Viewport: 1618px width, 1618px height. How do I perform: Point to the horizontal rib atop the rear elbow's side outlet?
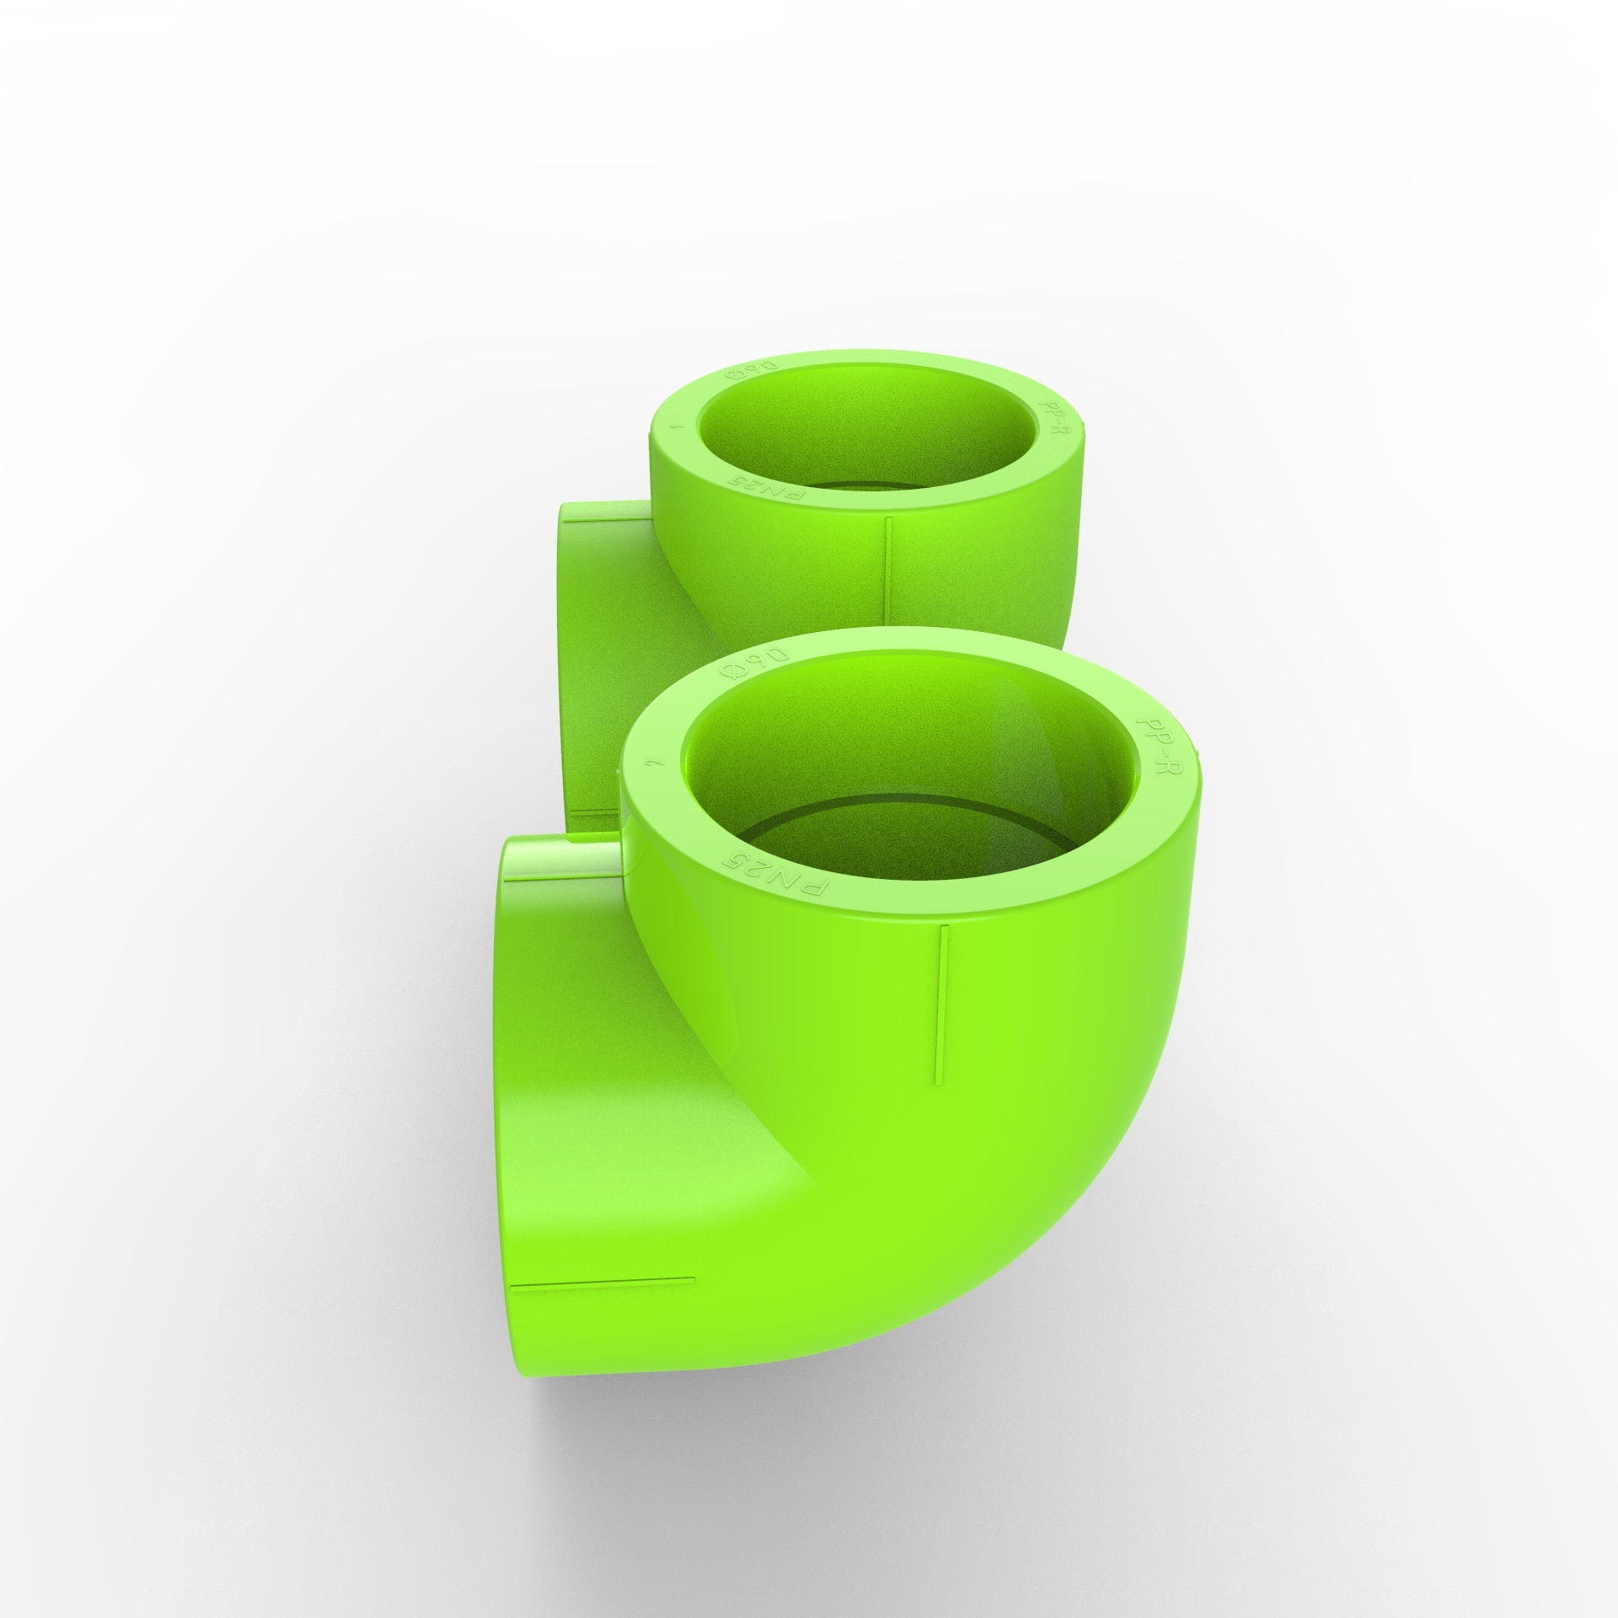click(x=605, y=522)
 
